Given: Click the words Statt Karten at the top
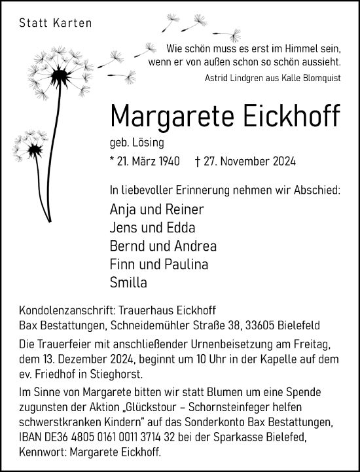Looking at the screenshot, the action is (x=56, y=24).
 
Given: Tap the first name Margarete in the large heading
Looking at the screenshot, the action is (x=170, y=116).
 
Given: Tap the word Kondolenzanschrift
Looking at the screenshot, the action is (x=71, y=310).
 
